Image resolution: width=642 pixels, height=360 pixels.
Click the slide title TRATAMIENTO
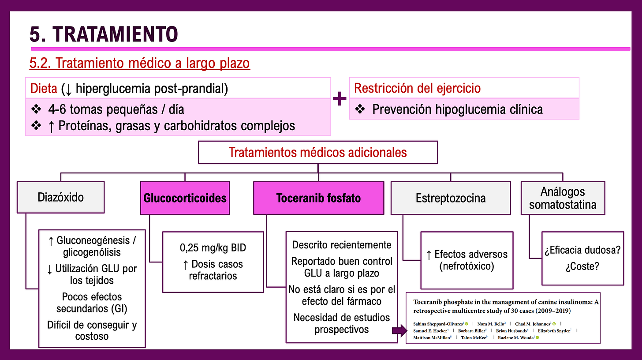pyautogui.click(x=104, y=34)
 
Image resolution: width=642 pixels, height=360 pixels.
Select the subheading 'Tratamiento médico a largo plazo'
pyautogui.click(x=139, y=63)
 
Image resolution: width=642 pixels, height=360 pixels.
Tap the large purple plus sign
pyautogui.click(x=339, y=99)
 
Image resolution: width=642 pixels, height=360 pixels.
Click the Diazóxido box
pyautogui.click(x=60, y=197)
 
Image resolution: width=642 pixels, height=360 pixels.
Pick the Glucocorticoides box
pyautogui.click(x=185, y=198)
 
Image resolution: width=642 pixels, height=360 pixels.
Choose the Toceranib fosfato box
pyautogui.click(x=318, y=198)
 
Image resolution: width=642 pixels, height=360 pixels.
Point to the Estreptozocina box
pyautogui.click(x=450, y=198)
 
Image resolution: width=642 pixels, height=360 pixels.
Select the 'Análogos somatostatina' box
pyautogui.click(x=562, y=198)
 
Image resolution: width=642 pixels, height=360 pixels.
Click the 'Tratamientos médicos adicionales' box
pyautogui.click(x=317, y=153)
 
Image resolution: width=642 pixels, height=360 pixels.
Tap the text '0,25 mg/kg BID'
pyautogui.click(x=213, y=247)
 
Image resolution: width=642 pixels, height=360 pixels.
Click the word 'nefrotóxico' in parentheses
pyautogui.click(x=467, y=266)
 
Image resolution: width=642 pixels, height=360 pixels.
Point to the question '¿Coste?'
pyautogui.click(x=582, y=267)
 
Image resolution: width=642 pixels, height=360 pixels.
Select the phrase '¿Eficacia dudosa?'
pyautogui.click(x=582, y=251)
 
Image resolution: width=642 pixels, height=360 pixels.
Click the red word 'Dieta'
pyautogui.click(x=44, y=89)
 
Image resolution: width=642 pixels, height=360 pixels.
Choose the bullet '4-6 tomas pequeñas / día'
pyautogui.click(x=116, y=109)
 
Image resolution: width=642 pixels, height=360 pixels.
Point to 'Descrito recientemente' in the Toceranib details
pyautogui.click(x=341, y=245)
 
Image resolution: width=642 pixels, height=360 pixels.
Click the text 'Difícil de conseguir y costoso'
pyautogui.click(x=92, y=331)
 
